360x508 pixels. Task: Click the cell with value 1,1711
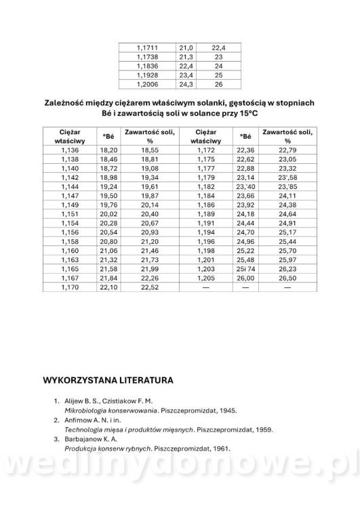coord(147,48)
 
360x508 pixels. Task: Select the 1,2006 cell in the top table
coord(147,85)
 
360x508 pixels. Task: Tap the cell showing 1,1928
coord(147,76)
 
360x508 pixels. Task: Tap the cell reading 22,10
coord(108,287)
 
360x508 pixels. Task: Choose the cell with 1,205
coord(205,278)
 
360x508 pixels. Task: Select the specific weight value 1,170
coord(71,287)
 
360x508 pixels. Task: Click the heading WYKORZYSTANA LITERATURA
coord(108,381)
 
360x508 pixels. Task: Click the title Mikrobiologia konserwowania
coord(108,410)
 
